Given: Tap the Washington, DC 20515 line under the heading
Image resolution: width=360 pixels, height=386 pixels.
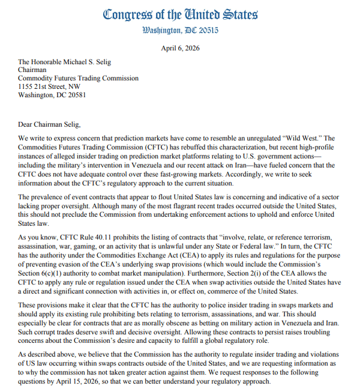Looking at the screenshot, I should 181,30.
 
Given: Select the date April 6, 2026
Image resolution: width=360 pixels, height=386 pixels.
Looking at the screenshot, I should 181,48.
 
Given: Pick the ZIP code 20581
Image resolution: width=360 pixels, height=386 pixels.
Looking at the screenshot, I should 74,95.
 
